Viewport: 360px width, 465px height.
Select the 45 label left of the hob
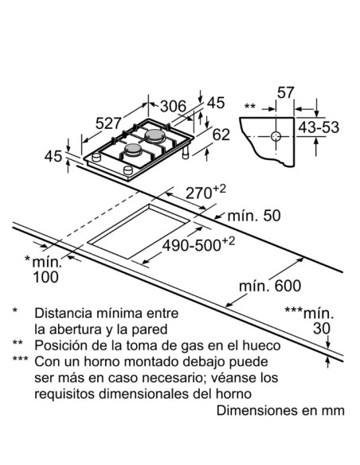[53, 157]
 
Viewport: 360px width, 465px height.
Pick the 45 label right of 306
[216, 103]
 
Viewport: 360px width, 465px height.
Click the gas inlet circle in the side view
[276, 137]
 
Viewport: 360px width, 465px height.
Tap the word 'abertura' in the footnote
[78, 328]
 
